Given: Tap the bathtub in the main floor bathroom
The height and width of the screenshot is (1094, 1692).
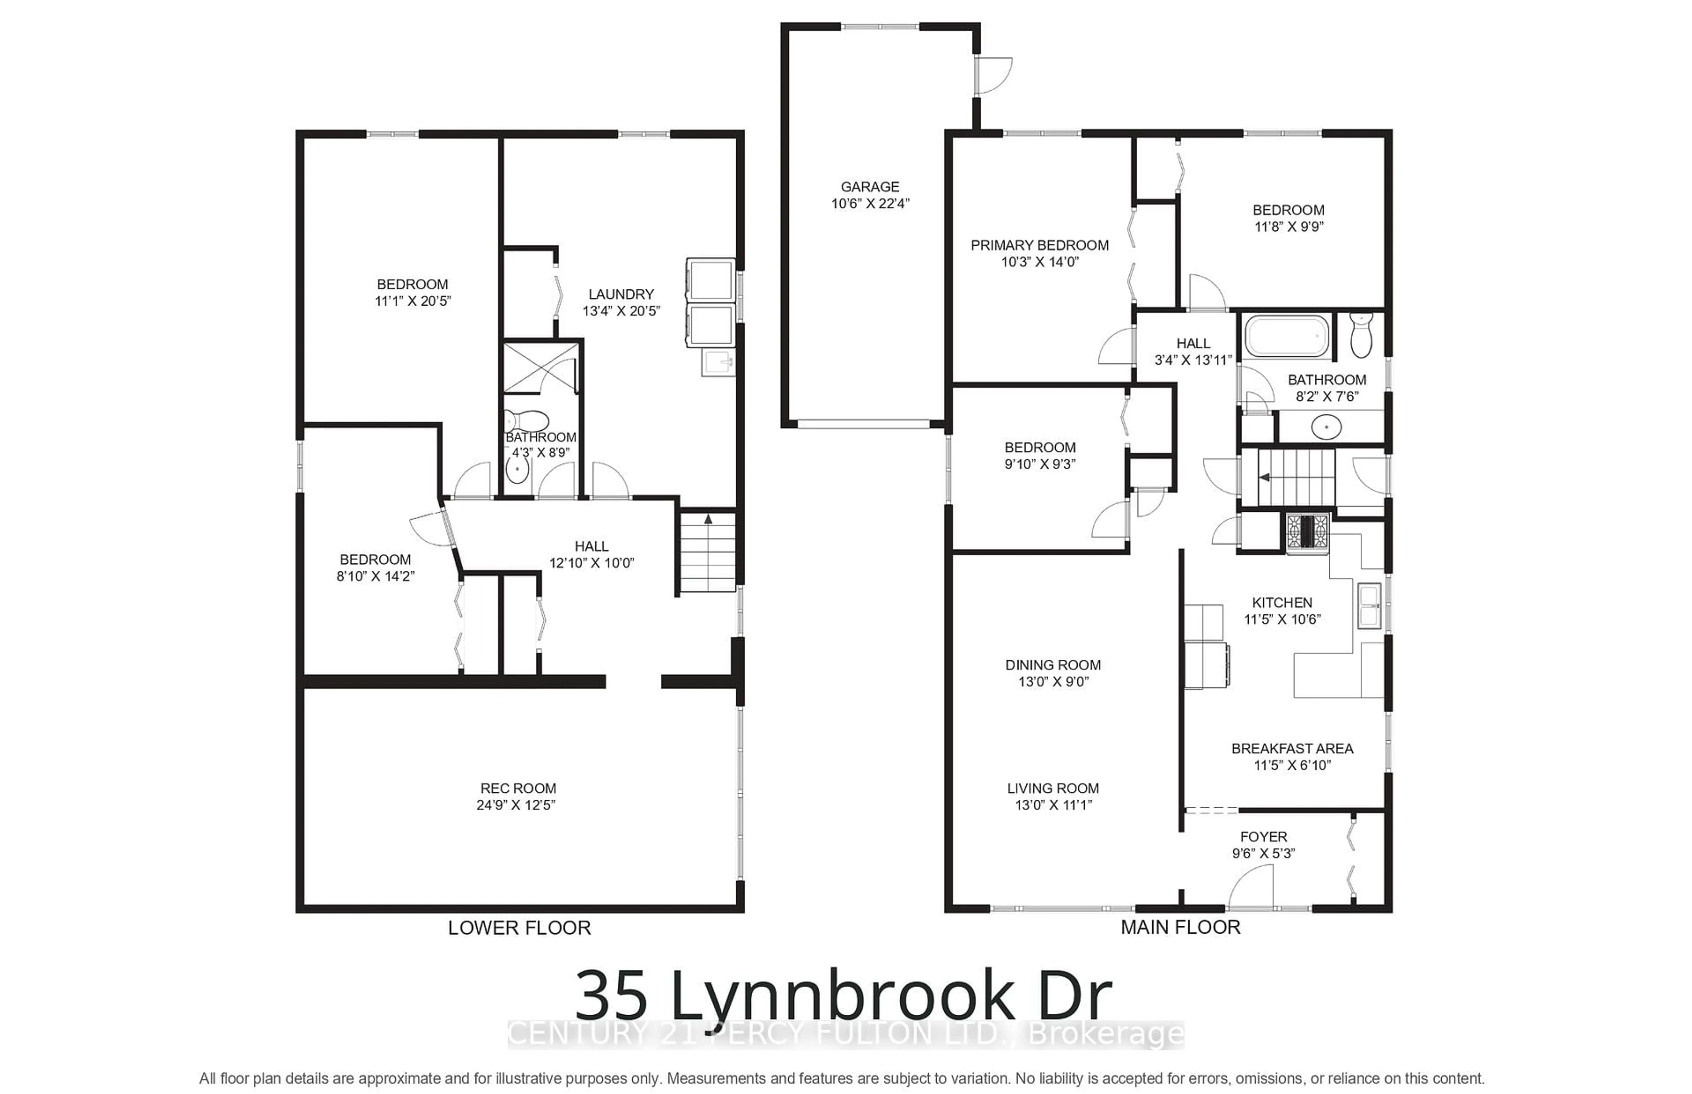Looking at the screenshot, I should pos(1286,337).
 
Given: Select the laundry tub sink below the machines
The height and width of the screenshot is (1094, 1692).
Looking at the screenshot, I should pos(718,363).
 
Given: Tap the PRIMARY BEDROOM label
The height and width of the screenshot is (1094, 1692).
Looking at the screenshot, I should pos(1039,245).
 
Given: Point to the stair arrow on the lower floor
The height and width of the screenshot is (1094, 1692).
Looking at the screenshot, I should pos(708,519).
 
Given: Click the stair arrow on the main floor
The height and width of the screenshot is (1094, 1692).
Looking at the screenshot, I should pos(1264,477).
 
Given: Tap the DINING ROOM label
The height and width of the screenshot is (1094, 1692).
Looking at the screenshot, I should pos(1053,665).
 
